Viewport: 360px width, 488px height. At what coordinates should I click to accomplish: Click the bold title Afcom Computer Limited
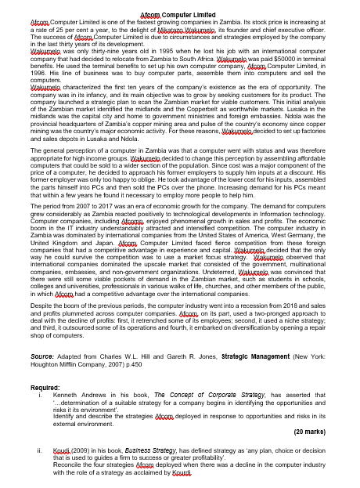179,15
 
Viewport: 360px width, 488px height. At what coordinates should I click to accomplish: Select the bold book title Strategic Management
255,334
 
